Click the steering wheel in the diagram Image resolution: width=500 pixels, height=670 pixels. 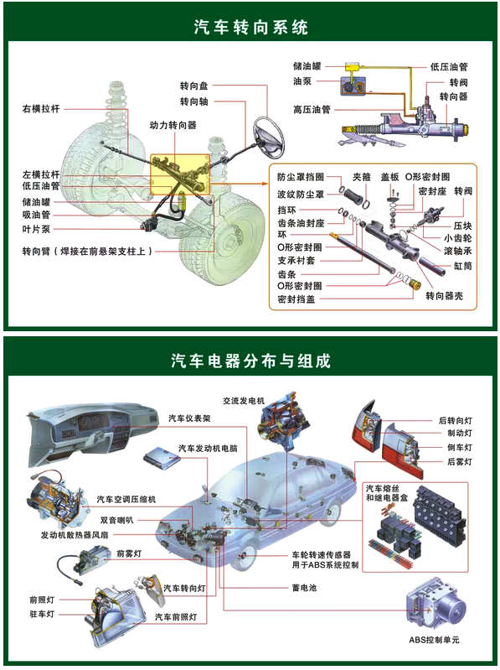click(x=268, y=138)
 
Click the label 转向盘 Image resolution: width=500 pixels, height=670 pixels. click(x=194, y=86)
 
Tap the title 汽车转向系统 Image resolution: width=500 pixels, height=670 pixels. click(x=251, y=27)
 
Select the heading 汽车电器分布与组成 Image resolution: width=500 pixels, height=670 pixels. click(x=251, y=361)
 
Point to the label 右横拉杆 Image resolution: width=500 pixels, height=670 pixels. click(x=41, y=109)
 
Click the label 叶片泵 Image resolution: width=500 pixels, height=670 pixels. click(x=36, y=229)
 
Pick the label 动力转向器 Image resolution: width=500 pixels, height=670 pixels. click(x=173, y=125)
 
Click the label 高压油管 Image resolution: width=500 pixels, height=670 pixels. click(x=312, y=109)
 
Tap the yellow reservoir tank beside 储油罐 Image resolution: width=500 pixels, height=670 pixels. click(x=353, y=66)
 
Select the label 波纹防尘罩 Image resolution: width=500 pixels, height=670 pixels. click(x=301, y=195)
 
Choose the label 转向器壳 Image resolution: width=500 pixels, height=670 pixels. click(x=444, y=296)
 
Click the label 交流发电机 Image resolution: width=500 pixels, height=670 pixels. click(x=244, y=401)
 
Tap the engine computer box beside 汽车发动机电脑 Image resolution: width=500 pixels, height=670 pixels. click(x=162, y=458)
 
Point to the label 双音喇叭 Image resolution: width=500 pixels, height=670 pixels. click(x=117, y=520)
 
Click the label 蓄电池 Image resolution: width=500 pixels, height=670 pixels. click(x=304, y=588)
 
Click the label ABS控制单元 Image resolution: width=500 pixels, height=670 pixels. click(x=435, y=640)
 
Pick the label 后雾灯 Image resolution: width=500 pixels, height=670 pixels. click(x=460, y=461)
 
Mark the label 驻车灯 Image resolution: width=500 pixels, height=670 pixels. click(x=42, y=614)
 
